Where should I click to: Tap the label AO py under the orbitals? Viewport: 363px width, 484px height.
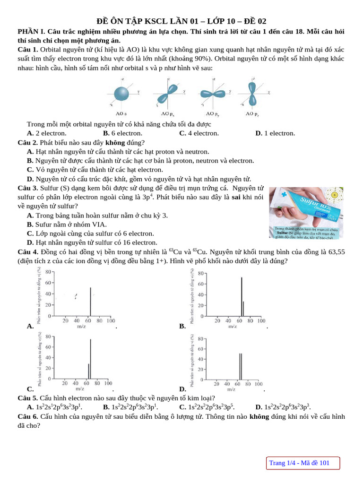[x=212, y=113]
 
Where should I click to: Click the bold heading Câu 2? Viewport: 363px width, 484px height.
[x=28, y=142]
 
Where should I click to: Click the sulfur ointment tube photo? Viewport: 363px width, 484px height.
[x=306, y=213]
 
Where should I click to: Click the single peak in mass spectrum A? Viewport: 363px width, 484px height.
[x=90, y=301]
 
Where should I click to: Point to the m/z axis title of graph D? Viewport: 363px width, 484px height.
[x=231, y=389]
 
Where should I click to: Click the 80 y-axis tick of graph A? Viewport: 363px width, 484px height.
[x=48, y=271]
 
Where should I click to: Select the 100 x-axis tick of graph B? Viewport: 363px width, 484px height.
[x=260, y=320]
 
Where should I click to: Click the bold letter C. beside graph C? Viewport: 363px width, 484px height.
[x=30, y=389]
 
